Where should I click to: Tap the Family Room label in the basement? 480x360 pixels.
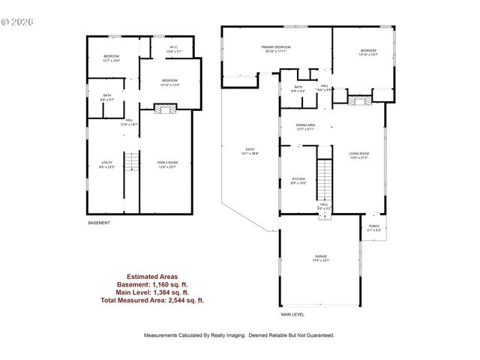pos(166,165)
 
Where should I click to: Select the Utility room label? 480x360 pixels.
pos(106,165)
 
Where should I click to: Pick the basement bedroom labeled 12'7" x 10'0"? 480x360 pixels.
pos(112,58)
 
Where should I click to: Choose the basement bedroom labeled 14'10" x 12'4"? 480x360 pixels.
pos(169,82)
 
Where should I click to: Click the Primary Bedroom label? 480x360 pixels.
pos(276,49)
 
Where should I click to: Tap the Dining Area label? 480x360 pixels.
pos(304,127)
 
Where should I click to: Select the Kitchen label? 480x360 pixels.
pos(298,181)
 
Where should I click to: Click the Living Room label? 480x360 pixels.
pos(359,155)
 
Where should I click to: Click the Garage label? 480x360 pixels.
pos(321,259)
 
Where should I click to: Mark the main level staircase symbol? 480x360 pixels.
pos(324,180)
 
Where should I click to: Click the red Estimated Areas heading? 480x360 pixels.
pos(152,277)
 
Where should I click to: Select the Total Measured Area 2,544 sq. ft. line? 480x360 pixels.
pos(152,299)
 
